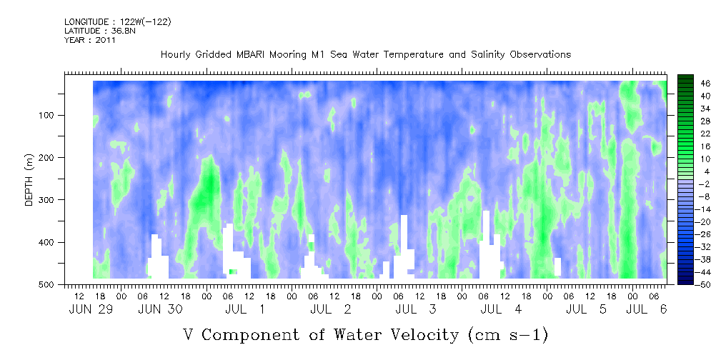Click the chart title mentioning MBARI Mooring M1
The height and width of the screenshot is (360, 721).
(x=365, y=55)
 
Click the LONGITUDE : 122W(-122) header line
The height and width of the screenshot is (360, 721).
(x=118, y=22)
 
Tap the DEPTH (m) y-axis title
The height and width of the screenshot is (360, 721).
(x=29, y=184)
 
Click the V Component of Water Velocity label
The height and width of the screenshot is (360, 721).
(x=365, y=334)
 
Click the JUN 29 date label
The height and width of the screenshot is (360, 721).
(x=91, y=309)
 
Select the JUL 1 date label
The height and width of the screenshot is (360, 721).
(x=245, y=309)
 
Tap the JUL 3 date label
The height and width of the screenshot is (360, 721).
(x=415, y=309)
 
